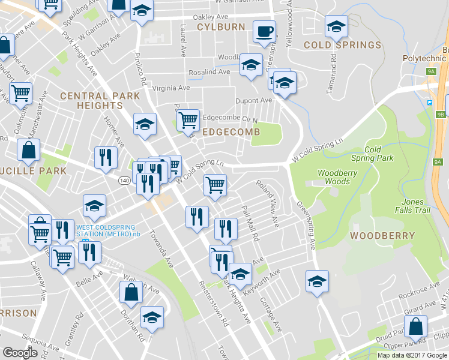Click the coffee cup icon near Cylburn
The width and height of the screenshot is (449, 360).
[264, 31]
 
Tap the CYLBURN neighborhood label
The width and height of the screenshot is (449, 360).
[221, 27]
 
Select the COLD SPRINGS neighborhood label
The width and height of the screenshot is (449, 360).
[342, 45]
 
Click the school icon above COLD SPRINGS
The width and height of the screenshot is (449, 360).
[336, 26]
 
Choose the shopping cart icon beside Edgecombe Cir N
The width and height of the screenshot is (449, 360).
[188, 120]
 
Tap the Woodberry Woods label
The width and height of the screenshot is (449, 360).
[334, 177]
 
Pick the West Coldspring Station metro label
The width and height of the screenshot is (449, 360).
[108, 230]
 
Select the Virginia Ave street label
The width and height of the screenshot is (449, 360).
[171, 88]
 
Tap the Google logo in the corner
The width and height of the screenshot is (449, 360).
[20, 353]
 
